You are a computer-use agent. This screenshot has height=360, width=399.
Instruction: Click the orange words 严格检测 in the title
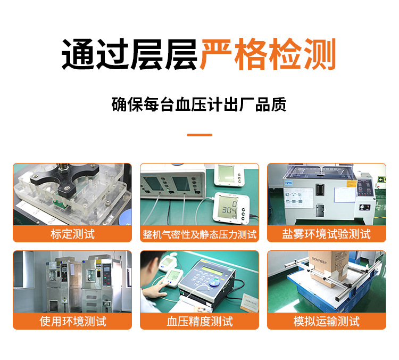(x=268, y=55)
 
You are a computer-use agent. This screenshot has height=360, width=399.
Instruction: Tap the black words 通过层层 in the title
(x=130, y=55)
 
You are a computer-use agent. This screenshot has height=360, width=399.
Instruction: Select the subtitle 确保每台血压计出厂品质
(x=199, y=104)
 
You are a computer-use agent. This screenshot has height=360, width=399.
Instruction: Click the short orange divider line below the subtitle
(x=199, y=135)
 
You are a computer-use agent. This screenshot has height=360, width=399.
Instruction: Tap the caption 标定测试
(x=72, y=234)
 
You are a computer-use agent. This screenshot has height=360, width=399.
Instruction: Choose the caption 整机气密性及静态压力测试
(x=199, y=234)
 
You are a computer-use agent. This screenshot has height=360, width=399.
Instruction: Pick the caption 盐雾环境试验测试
(x=326, y=234)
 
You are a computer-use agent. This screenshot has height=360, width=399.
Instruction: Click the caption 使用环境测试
(x=72, y=321)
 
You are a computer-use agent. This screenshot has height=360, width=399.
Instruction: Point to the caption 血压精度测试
(x=199, y=321)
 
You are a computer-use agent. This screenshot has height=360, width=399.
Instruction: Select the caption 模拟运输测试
(x=326, y=321)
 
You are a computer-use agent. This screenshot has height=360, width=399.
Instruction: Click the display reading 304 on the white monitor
(x=229, y=209)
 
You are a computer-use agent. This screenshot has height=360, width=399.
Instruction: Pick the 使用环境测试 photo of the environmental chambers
(x=72, y=282)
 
